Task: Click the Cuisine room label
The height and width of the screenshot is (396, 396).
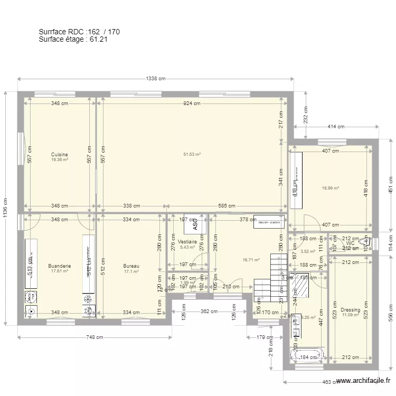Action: click(x=59, y=155)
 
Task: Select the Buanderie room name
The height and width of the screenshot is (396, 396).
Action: click(x=59, y=266)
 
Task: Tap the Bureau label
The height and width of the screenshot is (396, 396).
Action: click(x=131, y=266)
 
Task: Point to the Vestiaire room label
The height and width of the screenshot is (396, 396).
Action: click(x=187, y=242)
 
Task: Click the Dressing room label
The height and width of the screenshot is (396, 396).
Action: click(x=350, y=310)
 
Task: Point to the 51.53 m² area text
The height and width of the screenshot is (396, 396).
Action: click(x=192, y=155)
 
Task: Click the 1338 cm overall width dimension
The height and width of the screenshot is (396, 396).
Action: click(x=155, y=79)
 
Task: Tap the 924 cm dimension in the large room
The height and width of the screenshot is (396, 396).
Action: click(x=192, y=103)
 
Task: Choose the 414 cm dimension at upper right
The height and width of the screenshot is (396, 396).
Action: click(x=336, y=127)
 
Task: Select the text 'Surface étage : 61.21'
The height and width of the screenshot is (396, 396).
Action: click(x=73, y=39)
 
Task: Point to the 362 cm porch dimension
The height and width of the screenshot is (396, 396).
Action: click(x=209, y=312)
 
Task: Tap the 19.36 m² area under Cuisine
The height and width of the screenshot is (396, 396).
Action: click(x=59, y=159)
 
